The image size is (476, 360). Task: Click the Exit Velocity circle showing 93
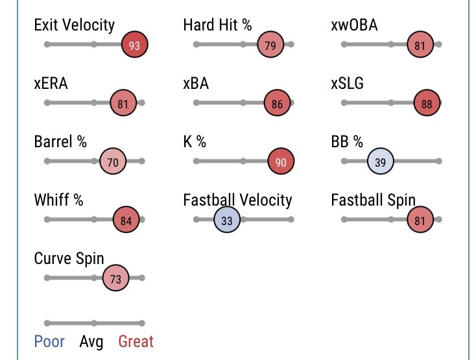(x=135, y=45)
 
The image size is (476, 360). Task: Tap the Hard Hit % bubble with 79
(x=270, y=45)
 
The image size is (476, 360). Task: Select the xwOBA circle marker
(x=420, y=45)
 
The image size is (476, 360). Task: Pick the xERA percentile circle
(x=123, y=103)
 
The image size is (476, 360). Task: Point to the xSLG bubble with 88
(x=427, y=103)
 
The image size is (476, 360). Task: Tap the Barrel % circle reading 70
(x=113, y=162)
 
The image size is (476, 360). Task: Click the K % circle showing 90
(x=281, y=162)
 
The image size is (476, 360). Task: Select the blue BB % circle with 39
(x=381, y=162)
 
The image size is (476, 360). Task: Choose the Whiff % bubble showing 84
(x=126, y=220)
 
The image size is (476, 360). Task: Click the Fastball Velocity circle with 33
(x=227, y=220)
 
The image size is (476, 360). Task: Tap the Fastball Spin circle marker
(x=420, y=220)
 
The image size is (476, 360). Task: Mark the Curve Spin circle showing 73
(x=116, y=278)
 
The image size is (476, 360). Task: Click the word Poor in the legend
(x=49, y=341)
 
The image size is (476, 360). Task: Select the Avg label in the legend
(x=91, y=341)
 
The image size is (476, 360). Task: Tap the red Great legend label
(x=136, y=341)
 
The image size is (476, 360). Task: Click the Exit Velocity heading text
(x=74, y=25)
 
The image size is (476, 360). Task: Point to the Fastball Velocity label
(x=237, y=200)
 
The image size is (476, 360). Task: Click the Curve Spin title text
(x=69, y=258)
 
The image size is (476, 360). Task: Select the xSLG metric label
(x=347, y=84)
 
